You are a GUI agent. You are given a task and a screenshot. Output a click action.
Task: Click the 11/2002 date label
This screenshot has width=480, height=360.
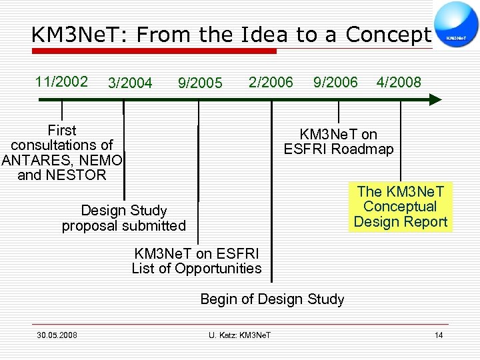(61, 81)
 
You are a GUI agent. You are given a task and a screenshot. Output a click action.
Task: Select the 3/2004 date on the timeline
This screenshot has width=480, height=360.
(130, 83)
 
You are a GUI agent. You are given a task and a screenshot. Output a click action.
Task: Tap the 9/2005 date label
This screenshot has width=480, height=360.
(200, 83)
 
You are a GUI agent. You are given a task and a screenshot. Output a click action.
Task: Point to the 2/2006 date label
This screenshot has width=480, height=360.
(270, 81)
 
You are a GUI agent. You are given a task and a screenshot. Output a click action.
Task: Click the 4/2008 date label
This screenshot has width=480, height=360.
(399, 82)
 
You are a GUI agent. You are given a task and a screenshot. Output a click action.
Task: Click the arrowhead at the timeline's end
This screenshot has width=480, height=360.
(434, 100)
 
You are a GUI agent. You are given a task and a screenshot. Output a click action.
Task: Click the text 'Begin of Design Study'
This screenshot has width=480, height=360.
(272, 299)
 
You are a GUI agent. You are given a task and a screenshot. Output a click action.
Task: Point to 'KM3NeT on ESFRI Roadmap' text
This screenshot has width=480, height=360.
(339, 141)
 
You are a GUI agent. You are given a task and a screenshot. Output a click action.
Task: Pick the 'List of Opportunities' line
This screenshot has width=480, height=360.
(197, 269)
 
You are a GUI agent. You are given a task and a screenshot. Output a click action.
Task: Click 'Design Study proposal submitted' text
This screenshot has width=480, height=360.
(124, 218)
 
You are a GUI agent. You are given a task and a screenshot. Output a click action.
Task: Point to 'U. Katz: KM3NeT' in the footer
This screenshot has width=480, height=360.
(240, 335)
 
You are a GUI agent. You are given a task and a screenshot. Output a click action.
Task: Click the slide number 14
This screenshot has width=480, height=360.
(438, 335)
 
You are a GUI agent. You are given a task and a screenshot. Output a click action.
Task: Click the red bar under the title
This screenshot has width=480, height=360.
(153, 51)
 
